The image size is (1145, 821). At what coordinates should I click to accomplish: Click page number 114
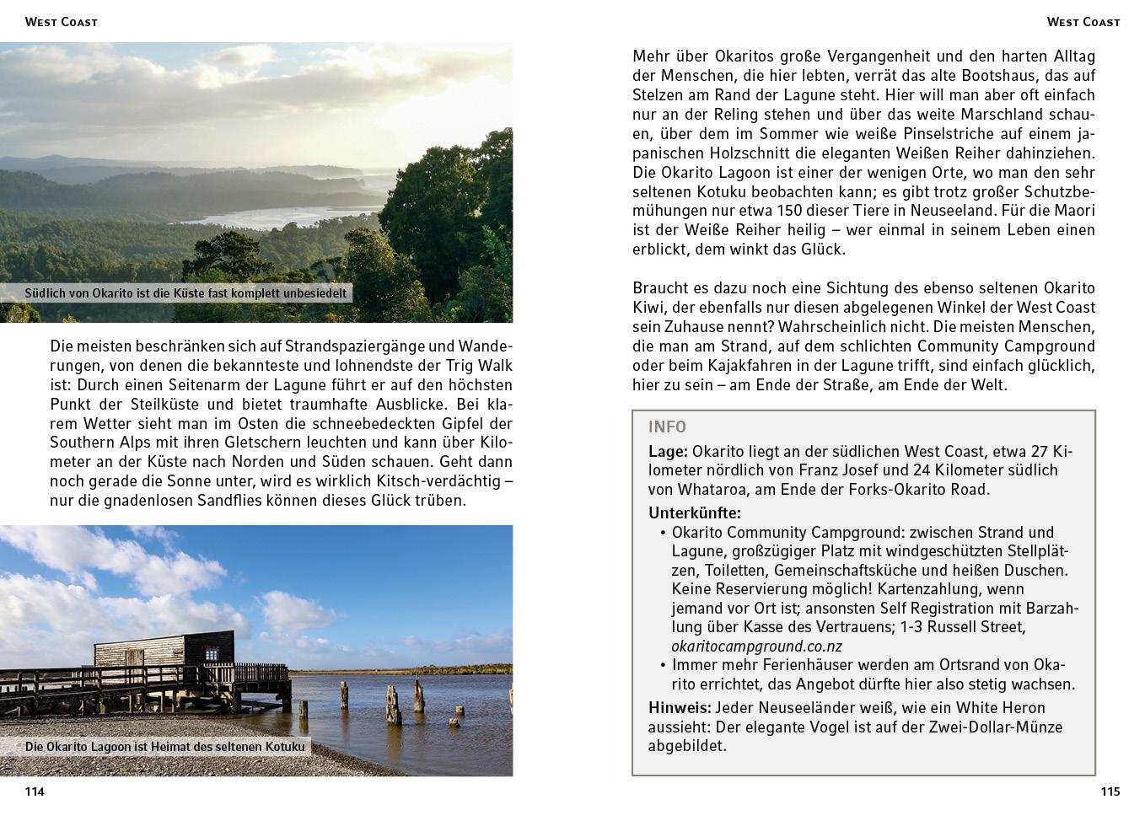[35, 791]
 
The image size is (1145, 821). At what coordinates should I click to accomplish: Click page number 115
[1110, 791]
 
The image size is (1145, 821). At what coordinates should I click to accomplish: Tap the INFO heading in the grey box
[667, 427]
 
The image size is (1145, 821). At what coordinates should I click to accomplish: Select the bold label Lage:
[668, 452]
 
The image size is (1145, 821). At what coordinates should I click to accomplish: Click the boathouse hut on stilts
[164, 650]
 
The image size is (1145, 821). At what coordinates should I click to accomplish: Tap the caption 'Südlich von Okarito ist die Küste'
[185, 293]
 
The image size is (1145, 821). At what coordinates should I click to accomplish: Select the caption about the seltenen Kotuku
[165, 747]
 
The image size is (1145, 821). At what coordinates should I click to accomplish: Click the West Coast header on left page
[61, 22]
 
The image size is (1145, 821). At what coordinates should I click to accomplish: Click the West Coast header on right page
[1083, 22]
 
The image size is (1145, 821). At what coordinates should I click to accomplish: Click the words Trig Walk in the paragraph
[479, 366]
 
